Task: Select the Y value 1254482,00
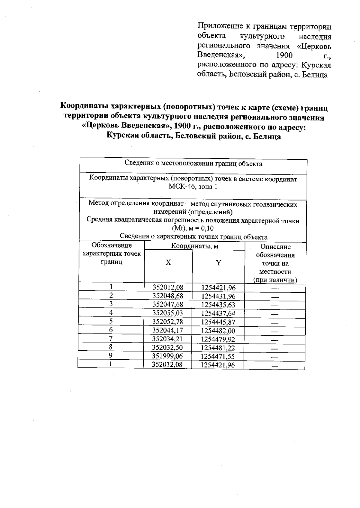click(218, 331)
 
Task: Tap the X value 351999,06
click(167, 356)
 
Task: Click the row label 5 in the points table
click(111, 321)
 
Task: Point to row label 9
click(110, 355)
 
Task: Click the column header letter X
click(168, 263)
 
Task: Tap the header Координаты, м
click(194, 246)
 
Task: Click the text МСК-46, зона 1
click(193, 187)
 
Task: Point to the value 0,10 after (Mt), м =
click(207, 228)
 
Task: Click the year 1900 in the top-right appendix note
click(283, 55)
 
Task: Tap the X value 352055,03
click(168, 313)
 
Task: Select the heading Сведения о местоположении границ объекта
click(193, 164)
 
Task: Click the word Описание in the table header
click(275, 247)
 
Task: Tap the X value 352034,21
click(167, 339)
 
